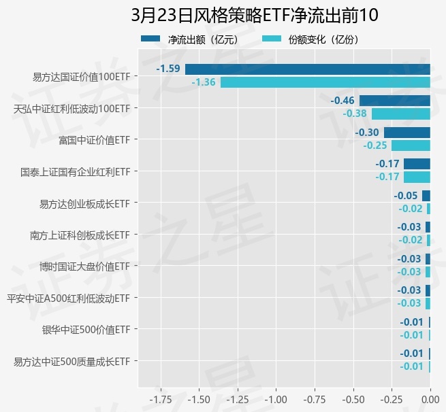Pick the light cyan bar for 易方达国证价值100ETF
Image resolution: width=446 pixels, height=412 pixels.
coord(325,82)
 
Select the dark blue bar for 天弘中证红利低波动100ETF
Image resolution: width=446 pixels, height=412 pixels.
coord(395,101)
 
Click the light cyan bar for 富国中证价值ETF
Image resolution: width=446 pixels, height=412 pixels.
coord(411,145)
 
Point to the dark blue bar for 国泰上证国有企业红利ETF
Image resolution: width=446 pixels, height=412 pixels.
coord(417,164)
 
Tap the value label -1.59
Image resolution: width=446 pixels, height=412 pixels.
coord(168,69)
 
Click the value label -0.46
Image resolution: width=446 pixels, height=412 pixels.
coord(343,101)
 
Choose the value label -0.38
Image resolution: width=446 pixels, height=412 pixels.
coord(355,114)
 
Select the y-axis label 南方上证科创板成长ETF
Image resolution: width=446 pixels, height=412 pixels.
coord(80,235)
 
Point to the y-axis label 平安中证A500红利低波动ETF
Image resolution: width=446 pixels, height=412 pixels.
coord(68,298)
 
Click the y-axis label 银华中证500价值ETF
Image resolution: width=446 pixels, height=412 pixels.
coord(86,330)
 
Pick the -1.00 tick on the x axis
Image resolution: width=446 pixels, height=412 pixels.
coord(276,398)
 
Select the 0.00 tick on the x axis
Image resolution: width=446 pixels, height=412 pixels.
coord(430,398)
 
